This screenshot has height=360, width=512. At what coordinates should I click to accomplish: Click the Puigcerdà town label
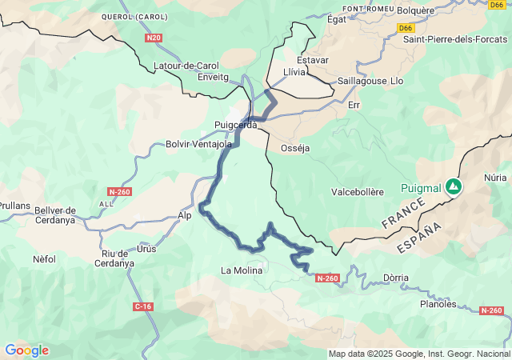tap(235, 125)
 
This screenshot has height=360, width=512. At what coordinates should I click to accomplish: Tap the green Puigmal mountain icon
tap(454, 186)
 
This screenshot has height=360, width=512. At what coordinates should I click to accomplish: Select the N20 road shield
tap(154, 38)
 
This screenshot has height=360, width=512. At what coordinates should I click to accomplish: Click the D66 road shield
tap(406, 27)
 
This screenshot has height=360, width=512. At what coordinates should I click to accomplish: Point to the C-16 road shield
tap(143, 306)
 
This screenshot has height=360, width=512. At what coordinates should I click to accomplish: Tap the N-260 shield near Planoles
tap(490, 310)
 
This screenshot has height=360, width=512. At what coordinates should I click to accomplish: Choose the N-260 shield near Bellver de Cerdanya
tap(118, 192)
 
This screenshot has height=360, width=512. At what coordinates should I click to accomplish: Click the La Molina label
tap(242, 270)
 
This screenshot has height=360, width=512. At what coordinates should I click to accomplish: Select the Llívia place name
tap(295, 72)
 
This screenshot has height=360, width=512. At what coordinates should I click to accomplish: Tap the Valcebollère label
tap(358, 192)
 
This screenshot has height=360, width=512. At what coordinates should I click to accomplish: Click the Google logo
tap(26, 350)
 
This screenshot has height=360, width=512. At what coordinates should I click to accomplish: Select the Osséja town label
tap(294, 148)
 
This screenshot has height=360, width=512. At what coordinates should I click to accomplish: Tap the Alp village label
tap(185, 216)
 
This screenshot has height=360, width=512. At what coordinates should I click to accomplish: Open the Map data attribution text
tap(419, 354)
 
